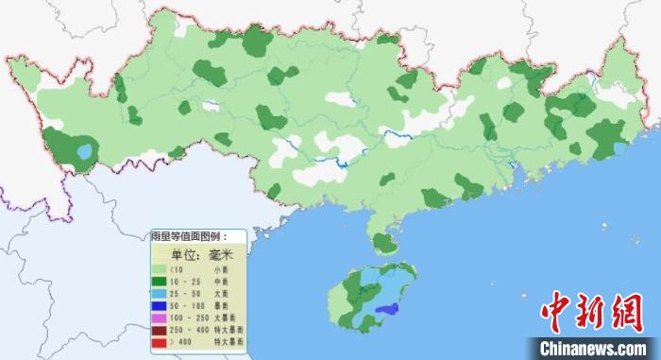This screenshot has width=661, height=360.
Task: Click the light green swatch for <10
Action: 160,270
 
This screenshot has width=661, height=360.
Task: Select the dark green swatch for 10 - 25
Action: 160,282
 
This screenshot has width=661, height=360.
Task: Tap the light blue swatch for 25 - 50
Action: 160,294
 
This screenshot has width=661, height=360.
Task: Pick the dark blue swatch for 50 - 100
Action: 160,306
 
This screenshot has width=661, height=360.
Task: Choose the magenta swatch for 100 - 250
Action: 160,318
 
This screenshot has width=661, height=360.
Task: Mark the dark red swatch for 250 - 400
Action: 160,330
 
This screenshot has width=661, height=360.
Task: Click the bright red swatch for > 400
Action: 160,342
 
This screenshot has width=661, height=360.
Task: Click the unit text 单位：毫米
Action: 200,254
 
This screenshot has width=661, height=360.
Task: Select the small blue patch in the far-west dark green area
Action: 85,151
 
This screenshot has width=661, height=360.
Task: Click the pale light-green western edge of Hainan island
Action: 337,302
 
